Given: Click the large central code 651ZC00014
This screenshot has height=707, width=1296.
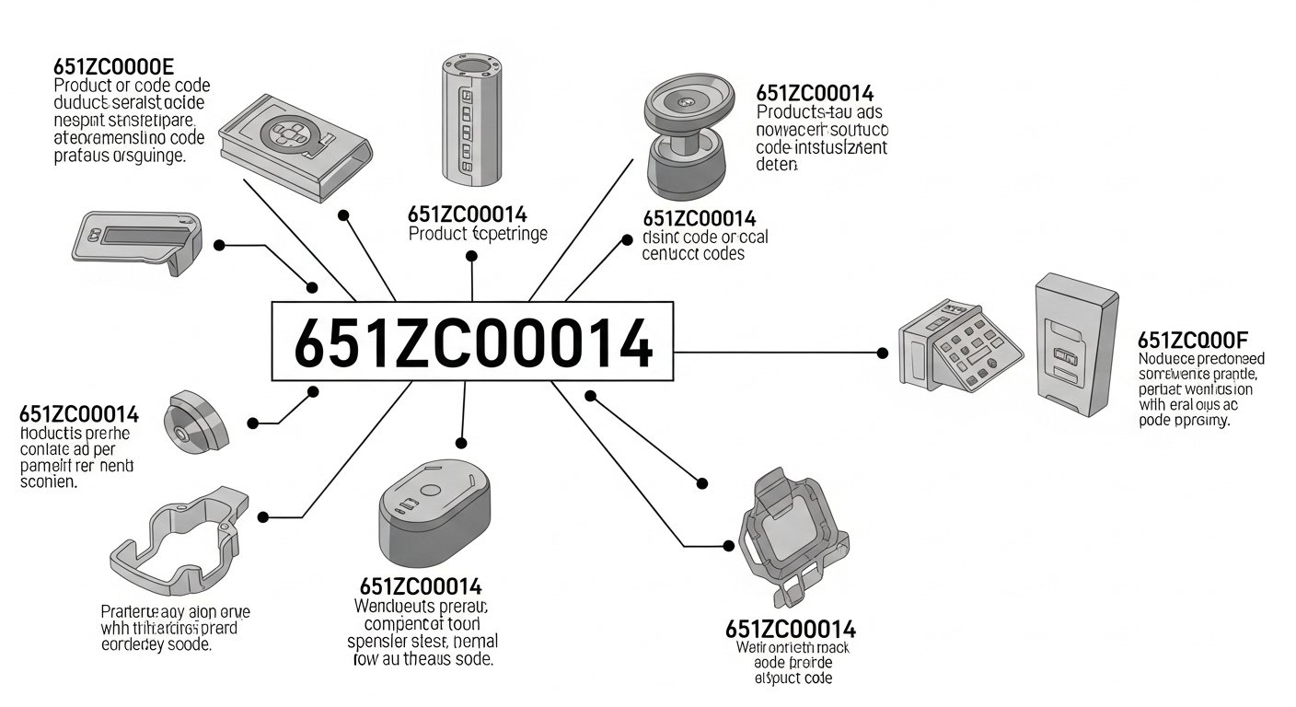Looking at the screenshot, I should tap(471, 341).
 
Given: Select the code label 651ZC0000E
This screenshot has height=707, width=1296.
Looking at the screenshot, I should tap(114, 67).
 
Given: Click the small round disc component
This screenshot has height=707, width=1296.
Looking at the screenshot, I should tap(194, 423).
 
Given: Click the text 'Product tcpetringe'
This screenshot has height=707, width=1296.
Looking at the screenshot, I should tap(477, 234).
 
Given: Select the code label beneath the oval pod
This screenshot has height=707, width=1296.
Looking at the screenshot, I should tap(420, 587).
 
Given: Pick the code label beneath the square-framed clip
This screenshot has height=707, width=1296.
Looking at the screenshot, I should tap(790, 630).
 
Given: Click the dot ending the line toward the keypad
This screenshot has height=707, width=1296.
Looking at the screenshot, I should tap(884, 353).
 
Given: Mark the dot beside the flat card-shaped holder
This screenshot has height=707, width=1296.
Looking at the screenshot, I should tap(219, 245).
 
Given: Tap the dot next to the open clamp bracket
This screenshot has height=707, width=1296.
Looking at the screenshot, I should tap(263, 517).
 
